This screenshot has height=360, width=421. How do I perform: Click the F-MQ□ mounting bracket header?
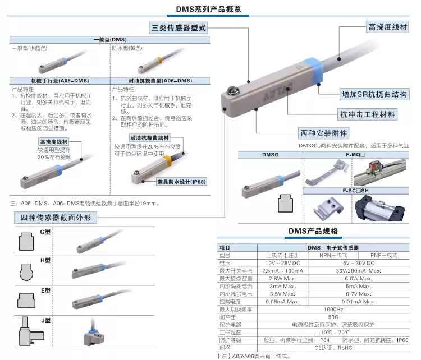tap(355, 154)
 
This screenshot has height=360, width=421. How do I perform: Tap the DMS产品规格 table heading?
tap(313, 231)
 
